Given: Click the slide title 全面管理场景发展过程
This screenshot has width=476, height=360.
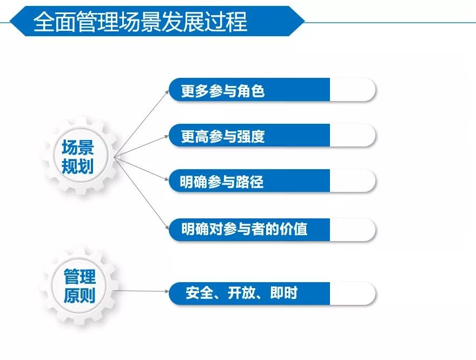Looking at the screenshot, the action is click(140, 22).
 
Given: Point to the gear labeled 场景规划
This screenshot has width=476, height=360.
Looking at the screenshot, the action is click(80, 156).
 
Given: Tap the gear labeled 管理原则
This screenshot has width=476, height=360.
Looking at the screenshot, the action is click(80, 286).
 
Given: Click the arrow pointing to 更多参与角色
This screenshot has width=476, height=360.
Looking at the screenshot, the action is click(142, 123).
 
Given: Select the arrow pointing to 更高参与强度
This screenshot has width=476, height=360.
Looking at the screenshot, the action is click(142, 146).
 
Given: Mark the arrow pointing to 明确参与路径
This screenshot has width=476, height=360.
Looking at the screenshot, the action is click(142, 169).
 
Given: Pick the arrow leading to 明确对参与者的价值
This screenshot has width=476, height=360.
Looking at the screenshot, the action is click(142, 193).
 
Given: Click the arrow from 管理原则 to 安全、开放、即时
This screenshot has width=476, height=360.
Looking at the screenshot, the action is click(141, 291).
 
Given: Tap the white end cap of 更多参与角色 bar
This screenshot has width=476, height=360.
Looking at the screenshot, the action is click(353, 90).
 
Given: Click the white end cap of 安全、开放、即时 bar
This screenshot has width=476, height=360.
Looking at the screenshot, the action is click(353, 294).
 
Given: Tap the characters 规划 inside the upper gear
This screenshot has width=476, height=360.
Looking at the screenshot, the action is click(77, 166).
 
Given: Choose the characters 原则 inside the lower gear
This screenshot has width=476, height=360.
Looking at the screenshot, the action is click(80, 295).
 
